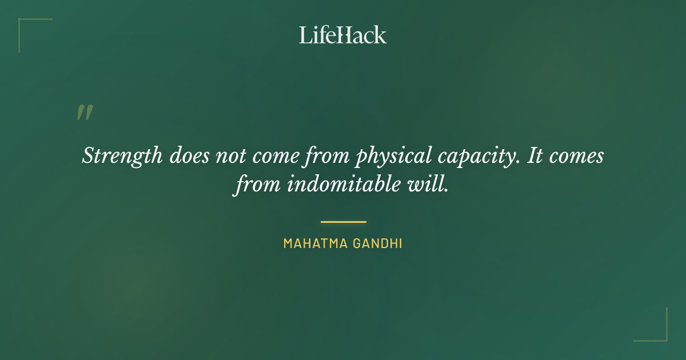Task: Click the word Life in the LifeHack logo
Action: pos(317,35)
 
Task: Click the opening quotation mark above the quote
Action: pos(85,113)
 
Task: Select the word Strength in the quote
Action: pos(122,156)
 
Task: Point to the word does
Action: pos(189,155)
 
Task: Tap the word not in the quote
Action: pos(230,156)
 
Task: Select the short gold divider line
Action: pos(343,222)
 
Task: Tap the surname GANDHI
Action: pos(377,243)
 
